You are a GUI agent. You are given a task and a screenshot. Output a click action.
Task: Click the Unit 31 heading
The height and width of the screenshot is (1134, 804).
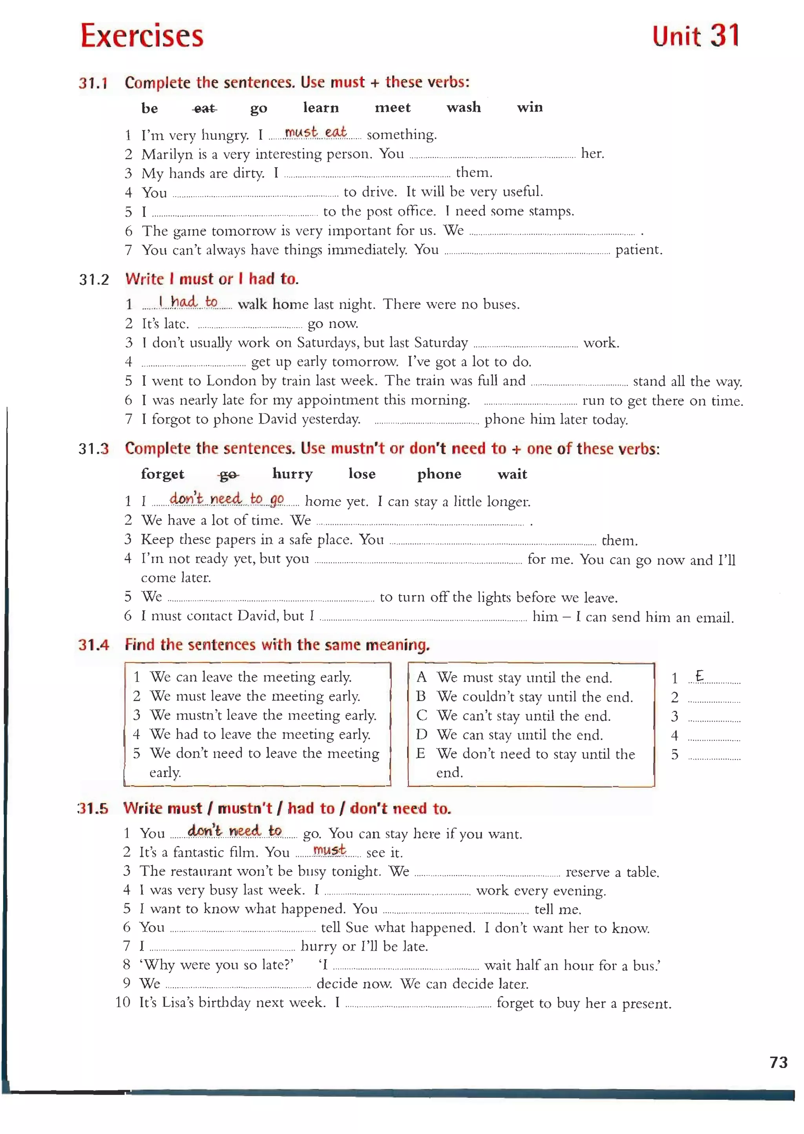point(695,36)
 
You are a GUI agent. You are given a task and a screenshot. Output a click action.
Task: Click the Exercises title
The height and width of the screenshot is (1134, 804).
point(142,36)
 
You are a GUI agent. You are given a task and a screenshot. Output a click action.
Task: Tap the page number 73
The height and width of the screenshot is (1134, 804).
point(778,1062)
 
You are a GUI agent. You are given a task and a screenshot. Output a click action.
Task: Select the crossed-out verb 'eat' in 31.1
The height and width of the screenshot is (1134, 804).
point(205,108)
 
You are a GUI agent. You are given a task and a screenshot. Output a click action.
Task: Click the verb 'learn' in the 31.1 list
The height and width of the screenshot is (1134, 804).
point(321,108)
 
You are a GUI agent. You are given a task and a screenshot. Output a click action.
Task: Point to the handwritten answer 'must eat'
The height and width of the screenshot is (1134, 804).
point(315,132)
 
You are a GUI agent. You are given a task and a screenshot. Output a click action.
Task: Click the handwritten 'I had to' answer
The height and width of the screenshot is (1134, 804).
point(188,301)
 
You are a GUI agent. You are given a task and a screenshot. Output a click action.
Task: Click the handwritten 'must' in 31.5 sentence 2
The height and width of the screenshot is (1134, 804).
point(329,850)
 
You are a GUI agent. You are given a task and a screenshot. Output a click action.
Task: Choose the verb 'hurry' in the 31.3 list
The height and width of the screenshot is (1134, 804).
point(292,474)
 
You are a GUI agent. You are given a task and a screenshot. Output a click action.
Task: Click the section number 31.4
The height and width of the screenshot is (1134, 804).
point(93,645)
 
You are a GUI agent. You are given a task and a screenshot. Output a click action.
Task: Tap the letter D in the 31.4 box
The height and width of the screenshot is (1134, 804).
point(421,735)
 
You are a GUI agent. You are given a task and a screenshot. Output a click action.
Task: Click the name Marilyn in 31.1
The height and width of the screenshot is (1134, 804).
point(167,154)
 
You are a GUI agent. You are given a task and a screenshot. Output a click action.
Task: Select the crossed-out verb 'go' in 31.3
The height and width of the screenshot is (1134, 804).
point(228,474)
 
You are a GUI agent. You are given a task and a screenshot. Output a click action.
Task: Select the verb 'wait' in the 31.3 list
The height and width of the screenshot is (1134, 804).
point(512,474)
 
